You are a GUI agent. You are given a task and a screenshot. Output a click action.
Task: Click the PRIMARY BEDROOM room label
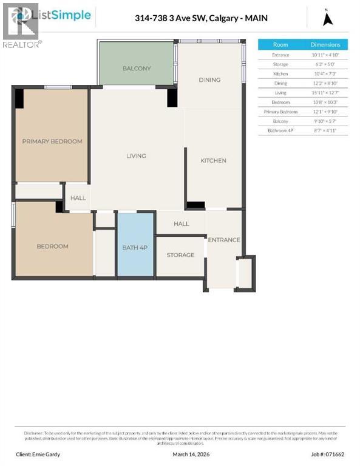[x=52, y=141]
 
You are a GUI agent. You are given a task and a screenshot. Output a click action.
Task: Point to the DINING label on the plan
[x=209, y=80]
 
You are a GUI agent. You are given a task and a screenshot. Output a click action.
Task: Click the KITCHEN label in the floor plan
[x=213, y=161]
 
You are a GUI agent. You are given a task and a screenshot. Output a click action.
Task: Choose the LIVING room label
[x=136, y=156]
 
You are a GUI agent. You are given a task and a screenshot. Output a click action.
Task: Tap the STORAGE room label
[x=180, y=255]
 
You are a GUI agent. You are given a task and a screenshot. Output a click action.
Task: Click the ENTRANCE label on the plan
[x=224, y=240]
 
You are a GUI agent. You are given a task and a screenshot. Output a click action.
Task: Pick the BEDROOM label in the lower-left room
[x=52, y=246]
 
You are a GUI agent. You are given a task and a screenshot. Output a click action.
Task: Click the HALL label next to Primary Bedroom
[x=78, y=198]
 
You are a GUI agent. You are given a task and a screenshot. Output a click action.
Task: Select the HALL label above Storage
[x=181, y=224]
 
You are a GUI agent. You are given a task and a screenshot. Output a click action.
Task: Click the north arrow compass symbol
[x=328, y=18]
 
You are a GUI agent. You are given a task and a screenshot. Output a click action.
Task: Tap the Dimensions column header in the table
[x=325, y=45]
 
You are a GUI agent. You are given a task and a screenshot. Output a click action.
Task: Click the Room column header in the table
[x=280, y=45]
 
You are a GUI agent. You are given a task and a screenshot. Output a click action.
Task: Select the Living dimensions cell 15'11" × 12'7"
[x=325, y=93]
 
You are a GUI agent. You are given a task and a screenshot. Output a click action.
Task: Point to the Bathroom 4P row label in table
[x=280, y=130]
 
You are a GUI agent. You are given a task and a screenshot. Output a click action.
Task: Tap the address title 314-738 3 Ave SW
[x=201, y=18]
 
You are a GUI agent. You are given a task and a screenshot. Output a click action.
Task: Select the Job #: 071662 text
[x=330, y=454]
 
